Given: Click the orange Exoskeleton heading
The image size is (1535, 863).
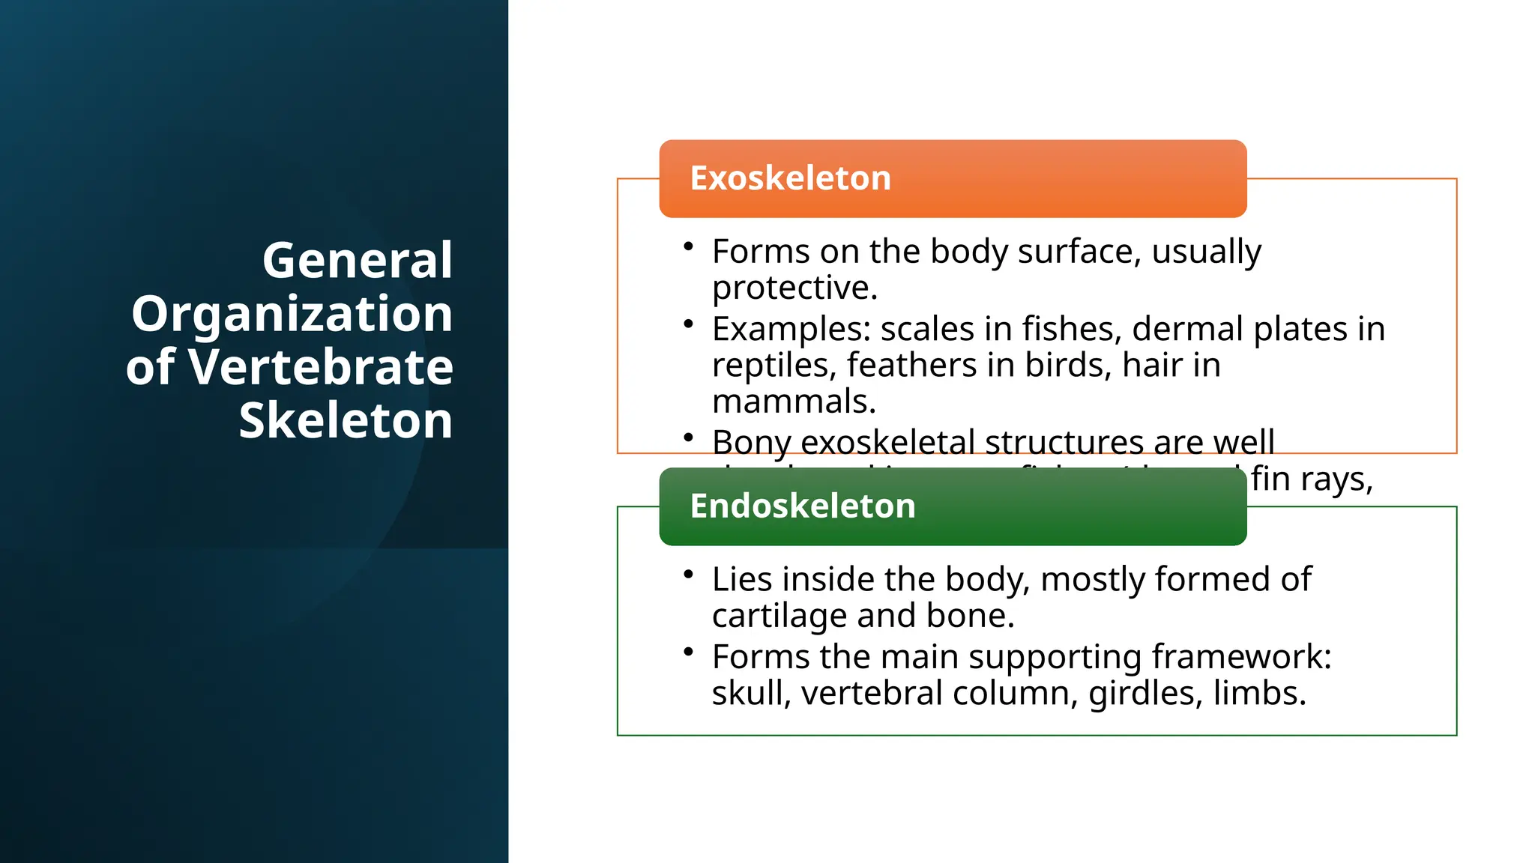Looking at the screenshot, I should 790,178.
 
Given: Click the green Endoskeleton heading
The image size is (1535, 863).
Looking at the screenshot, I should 802,506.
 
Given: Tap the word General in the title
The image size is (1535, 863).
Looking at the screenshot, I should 357,261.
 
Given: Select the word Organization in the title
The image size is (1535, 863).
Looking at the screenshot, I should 292,314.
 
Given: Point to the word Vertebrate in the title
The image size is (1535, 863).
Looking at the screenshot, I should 320,368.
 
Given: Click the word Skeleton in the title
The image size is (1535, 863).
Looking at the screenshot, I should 346,420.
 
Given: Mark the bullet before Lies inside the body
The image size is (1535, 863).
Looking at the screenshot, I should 688,574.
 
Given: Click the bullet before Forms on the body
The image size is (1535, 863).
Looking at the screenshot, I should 688,246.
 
